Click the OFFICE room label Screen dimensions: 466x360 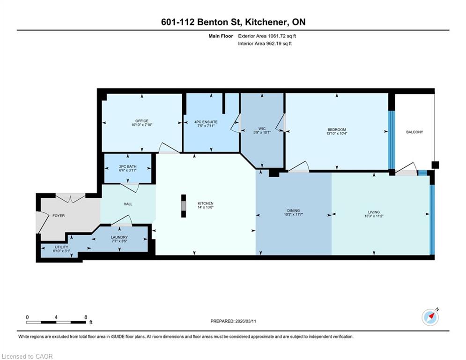142,121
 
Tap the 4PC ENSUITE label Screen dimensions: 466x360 206,122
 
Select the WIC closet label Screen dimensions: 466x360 262,129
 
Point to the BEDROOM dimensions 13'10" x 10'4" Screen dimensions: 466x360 337,134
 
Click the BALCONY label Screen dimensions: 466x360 414,132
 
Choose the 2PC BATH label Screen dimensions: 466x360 128,166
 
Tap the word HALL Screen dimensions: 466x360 128,204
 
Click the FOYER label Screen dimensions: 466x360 59,216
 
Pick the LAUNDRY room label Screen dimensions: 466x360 119,237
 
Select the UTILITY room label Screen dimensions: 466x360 61,247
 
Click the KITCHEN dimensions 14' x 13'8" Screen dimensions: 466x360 206,207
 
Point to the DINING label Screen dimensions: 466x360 293,210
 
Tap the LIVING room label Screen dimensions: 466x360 374,212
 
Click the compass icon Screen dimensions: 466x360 430,317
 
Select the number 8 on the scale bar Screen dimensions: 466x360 86,317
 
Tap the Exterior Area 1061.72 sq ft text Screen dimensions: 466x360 267,36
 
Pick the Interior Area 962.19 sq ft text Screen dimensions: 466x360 265,44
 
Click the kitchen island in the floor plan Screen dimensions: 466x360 184,206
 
